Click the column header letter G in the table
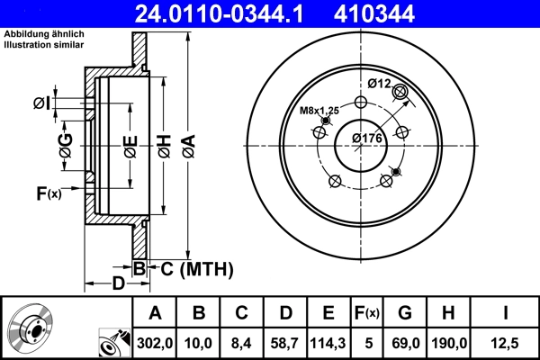coord(405,312)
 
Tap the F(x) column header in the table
coord(367,312)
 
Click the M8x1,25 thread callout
coord(319,111)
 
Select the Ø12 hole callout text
coord(379,84)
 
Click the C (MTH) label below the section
coord(191,268)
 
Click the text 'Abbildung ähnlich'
coord(44,33)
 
